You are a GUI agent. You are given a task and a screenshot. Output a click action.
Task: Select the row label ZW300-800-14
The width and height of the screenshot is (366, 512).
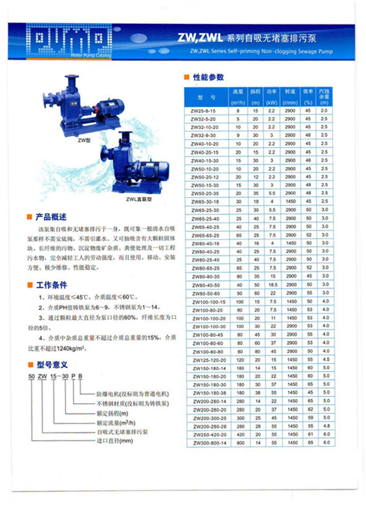(x=208, y=442)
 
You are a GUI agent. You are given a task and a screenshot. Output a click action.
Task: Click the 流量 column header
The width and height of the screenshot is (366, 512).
(x=238, y=97)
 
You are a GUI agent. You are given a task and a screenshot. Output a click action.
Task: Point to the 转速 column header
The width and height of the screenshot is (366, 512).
(x=290, y=97)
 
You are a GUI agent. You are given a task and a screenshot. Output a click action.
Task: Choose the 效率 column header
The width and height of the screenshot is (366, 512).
(x=308, y=97)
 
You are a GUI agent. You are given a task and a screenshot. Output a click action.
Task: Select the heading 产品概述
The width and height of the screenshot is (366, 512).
(x=51, y=217)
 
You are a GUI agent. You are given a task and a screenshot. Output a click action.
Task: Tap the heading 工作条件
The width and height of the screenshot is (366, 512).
(x=51, y=285)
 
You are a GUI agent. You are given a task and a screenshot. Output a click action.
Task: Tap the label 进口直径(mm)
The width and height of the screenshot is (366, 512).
(x=115, y=441)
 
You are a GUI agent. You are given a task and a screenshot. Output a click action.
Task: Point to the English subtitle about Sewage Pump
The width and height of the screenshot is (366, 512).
(x=261, y=52)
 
